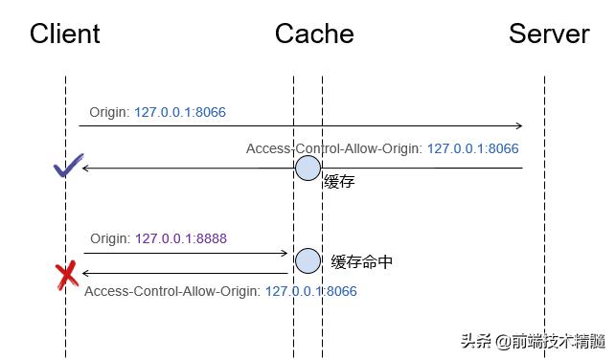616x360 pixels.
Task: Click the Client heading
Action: pos(65,34)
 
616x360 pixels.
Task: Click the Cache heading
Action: pos(314,34)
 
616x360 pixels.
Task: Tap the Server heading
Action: pos(549,34)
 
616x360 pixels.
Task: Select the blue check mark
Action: pos(65,169)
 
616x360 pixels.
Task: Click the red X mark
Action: pos(66,277)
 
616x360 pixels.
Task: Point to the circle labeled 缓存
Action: pos(308,169)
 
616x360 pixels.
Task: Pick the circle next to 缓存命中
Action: pos(308,260)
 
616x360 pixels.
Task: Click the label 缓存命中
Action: pos(361,261)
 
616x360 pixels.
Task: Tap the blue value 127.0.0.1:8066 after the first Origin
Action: pos(180,112)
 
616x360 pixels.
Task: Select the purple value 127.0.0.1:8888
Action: pos(181,238)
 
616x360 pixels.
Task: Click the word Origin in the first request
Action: pos(109,112)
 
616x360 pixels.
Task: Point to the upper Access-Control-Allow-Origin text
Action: pos(334,148)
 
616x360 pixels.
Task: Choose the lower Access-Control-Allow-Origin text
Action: pos(172,291)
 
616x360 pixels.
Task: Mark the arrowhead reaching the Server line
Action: pos(518,125)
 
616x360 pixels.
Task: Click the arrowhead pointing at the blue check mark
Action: pos(86,169)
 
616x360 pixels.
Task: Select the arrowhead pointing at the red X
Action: pos(86,273)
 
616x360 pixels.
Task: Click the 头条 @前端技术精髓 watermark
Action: pos(533,341)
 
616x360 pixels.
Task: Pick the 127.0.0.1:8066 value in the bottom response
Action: pos(311,291)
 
